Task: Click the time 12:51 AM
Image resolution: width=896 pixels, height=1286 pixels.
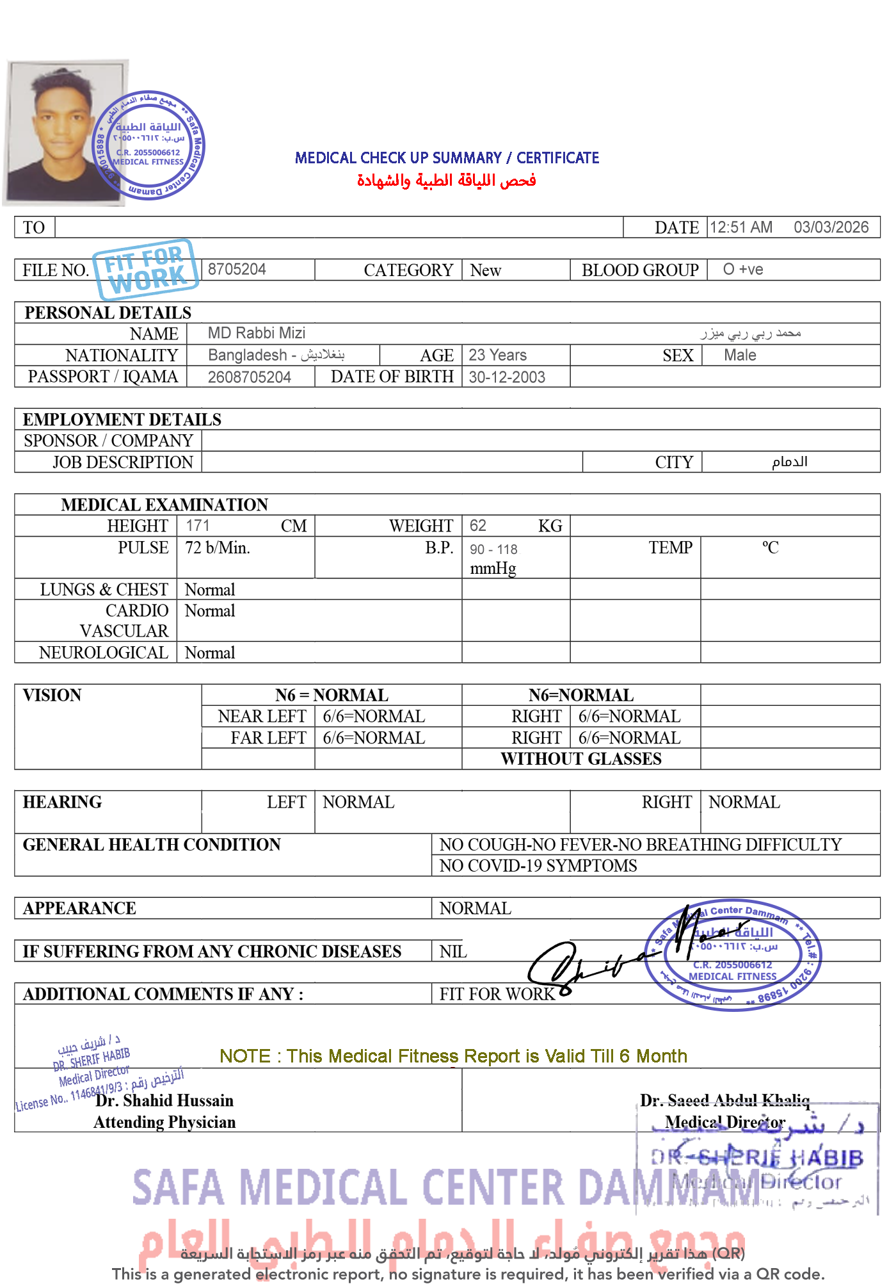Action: pyautogui.click(x=740, y=227)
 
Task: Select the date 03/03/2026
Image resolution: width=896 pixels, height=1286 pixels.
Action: pyautogui.click(x=830, y=227)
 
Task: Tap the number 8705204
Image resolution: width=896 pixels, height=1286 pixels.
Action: pyautogui.click(x=237, y=269)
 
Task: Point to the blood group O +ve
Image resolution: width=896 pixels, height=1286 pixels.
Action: pyautogui.click(x=742, y=269)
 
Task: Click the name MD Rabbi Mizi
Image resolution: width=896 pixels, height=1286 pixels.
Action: pyautogui.click(x=256, y=333)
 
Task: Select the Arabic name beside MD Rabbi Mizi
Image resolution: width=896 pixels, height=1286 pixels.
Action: pyautogui.click(x=750, y=333)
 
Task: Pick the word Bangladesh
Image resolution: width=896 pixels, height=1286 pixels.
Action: pyautogui.click(x=248, y=355)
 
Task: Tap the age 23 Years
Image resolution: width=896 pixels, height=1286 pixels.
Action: pyautogui.click(x=497, y=355)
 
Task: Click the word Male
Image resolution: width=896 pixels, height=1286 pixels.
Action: pyautogui.click(x=740, y=355)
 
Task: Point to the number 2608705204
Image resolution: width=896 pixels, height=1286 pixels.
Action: pyautogui.click(x=249, y=377)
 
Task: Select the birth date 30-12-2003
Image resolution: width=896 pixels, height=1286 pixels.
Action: pyautogui.click(x=506, y=377)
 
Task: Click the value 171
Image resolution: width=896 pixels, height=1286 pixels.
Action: pyautogui.click(x=197, y=525)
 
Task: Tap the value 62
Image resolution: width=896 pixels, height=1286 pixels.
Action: pyautogui.click(x=477, y=525)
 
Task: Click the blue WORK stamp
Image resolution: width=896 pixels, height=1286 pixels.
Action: pyautogui.click(x=145, y=270)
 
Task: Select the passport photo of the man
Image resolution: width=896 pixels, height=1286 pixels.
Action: pyautogui.click(x=64, y=132)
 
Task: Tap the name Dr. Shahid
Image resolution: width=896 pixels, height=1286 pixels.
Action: pyautogui.click(x=134, y=1100)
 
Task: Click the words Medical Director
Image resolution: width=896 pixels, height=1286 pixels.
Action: pyautogui.click(x=724, y=1122)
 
